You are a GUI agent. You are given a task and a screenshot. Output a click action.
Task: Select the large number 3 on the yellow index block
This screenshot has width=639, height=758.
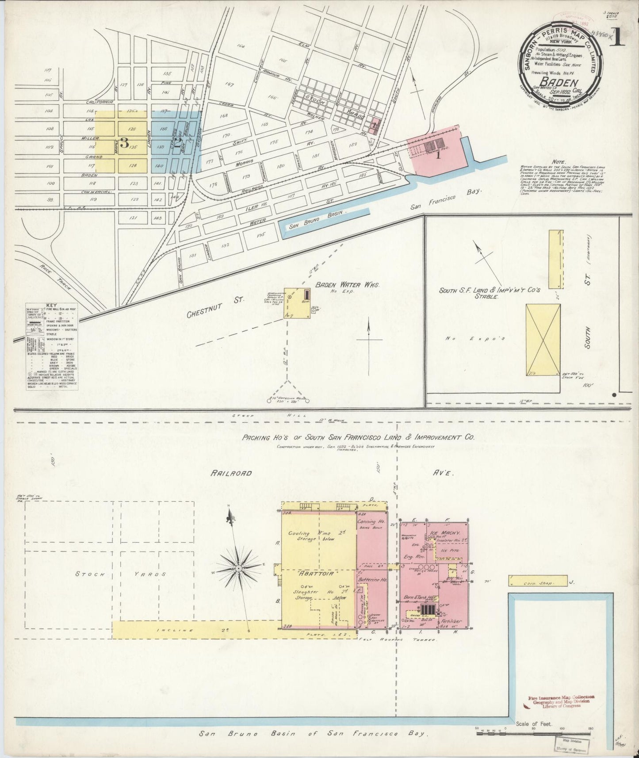click(125, 143)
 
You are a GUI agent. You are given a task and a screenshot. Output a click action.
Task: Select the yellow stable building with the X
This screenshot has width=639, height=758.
click(543, 340)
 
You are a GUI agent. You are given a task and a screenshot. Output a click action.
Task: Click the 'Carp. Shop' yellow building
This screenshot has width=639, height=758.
click(538, 581)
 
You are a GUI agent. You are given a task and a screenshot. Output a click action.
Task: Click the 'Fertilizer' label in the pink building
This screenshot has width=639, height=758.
click(451, 621)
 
